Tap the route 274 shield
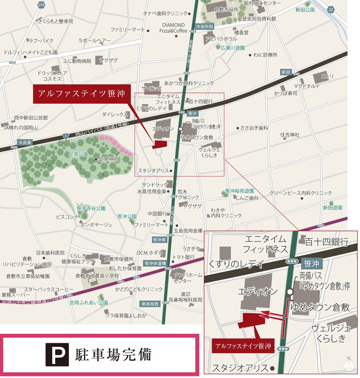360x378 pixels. [x=41, y=4]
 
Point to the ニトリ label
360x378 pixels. [x=327, y=76]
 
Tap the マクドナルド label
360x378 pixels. [x=306, y=86]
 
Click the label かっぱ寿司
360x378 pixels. [x=285, y=94]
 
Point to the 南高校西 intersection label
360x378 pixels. [x=150, y=304]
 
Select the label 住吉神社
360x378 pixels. [x=290, y=135]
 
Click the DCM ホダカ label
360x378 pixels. [x=149, y=253]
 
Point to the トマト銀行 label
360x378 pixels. [x=183, y=257]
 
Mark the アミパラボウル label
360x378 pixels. [x=227, y=39]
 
